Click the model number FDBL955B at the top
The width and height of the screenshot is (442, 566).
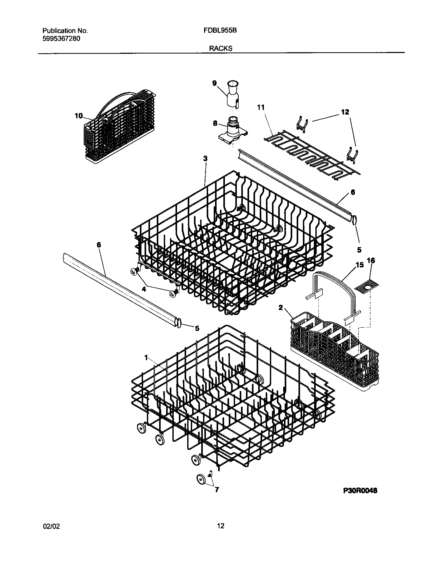pos(220,31)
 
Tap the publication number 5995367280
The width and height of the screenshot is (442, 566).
pos(61,39)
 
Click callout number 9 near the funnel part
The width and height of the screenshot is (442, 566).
pos(214,83)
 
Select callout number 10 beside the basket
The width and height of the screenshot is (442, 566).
pos(79,116)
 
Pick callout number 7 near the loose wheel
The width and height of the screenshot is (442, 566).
pos(217,490)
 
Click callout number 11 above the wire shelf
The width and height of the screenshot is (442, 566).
pos(261,107)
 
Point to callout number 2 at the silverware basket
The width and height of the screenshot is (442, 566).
pos(281,307)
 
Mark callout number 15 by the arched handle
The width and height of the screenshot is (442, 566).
pos(359,265)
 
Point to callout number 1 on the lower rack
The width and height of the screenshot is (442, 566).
pos(146,358)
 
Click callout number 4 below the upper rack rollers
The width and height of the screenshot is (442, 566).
pos(144,288)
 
